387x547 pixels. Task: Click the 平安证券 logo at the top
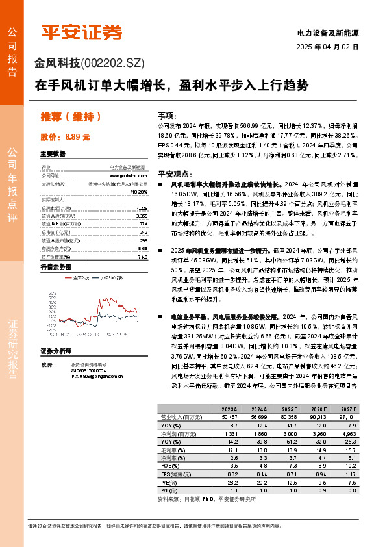82,32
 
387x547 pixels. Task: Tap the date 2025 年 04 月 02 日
327,47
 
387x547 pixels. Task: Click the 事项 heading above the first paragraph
167,114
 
